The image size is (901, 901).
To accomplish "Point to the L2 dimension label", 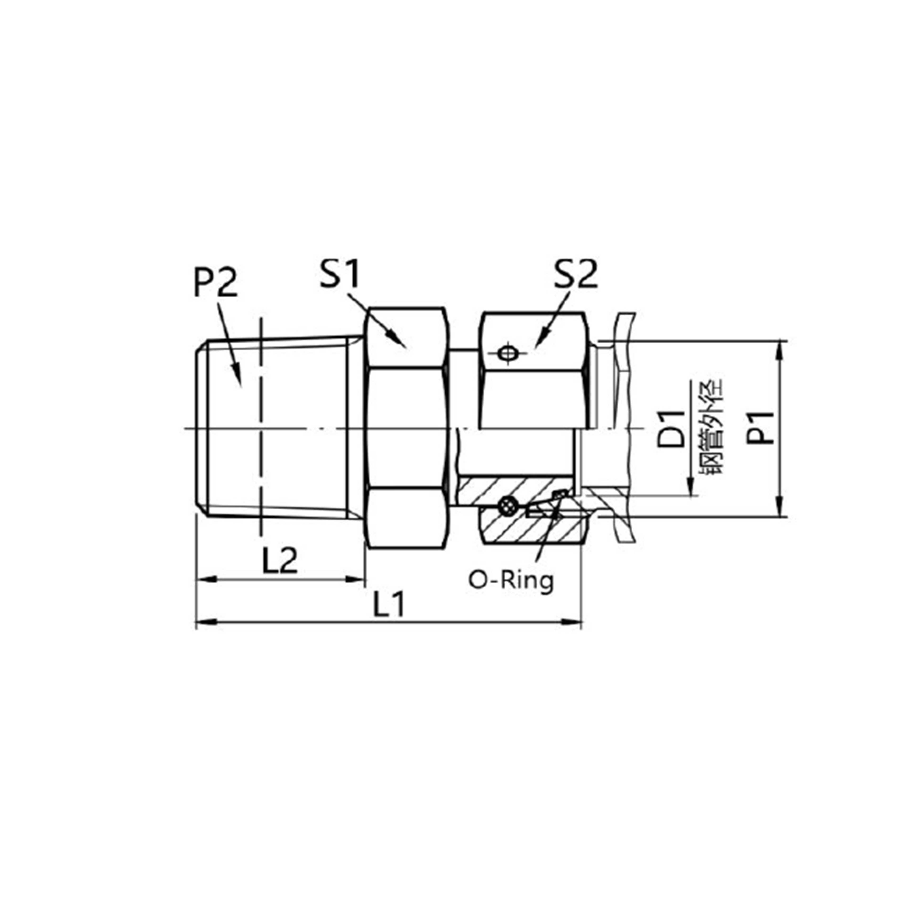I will point(279,561).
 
